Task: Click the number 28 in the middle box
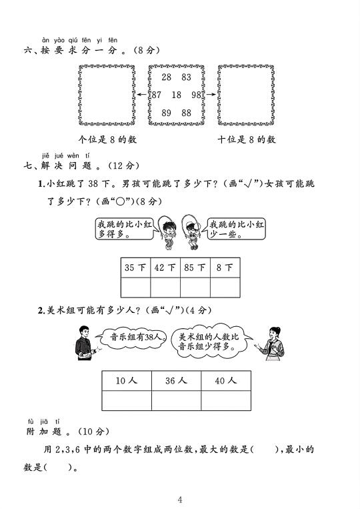point(167,77)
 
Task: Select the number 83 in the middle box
point(187,77)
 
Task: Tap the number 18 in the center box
point(177,95)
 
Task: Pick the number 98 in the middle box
point(196,95)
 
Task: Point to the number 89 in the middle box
point(167,113)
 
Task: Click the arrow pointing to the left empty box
point(142,95)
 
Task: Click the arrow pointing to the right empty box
point(211,95)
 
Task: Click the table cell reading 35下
point(135,268)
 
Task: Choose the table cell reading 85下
point(195,268)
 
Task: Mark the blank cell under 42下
point(165,288)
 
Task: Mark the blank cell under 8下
point(225,288)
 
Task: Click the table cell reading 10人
point(127,381)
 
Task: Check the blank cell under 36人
point(176,400)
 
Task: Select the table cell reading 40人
point(226,381)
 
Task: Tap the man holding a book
point(85,343)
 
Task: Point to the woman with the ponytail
point(272,344)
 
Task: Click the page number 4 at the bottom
point(180,500)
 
